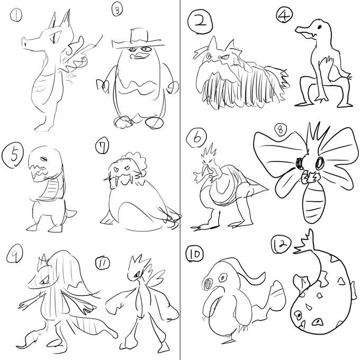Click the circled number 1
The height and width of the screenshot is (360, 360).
16,15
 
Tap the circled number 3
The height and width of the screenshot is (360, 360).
117,11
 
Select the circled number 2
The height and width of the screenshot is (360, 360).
200,22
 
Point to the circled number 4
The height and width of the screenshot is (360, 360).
284,14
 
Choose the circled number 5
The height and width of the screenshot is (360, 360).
13,155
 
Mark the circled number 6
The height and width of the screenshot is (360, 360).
196,138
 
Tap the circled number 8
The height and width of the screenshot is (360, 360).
281,131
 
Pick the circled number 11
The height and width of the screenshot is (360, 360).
102,263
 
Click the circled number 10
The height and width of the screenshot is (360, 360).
195,254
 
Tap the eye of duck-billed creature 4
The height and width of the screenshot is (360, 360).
320,27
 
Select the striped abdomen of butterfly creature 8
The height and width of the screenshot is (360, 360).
313,202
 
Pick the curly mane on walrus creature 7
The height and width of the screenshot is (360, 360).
136,163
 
